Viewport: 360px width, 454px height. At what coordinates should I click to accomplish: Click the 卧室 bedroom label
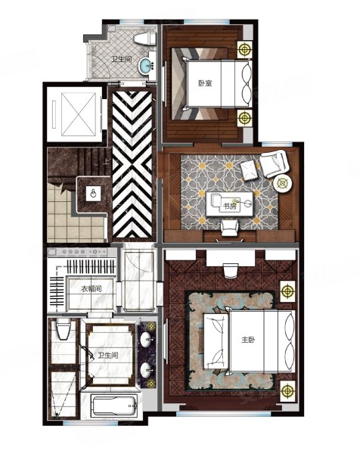pyautogui.click(x=205, y=83)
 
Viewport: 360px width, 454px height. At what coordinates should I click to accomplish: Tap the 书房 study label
pyautogui.click(x=230, y=207)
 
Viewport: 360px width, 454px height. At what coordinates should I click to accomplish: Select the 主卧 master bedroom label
pyautogui.click(x=248, y=339)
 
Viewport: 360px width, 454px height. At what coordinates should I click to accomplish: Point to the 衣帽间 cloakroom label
pyautogui.click(x=91, y=289)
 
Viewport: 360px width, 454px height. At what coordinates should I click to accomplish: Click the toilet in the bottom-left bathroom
pyautogui.click(x=63, y=328)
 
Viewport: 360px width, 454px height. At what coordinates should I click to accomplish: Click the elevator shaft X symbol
pyautogui.click(x=79, y=114)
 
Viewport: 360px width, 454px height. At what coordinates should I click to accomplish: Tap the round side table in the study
pyautogui.click(x=282, y=183)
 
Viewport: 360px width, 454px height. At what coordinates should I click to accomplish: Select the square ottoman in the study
pyautogui.click(x=250, y=170)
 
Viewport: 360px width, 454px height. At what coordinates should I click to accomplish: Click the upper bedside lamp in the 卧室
pyautogui.click(x=245, y=49)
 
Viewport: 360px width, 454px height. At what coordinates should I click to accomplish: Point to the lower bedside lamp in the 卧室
pyautogui.click(x=245, y=118)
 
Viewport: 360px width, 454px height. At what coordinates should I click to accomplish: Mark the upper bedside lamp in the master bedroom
pyautogui.click(x=287, y=291)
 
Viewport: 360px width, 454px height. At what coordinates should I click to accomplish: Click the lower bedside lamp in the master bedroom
pyautogui.click(x=287, y=390)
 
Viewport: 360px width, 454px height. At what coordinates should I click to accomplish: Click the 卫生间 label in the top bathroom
pyautogui.click(x=122, y=60)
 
